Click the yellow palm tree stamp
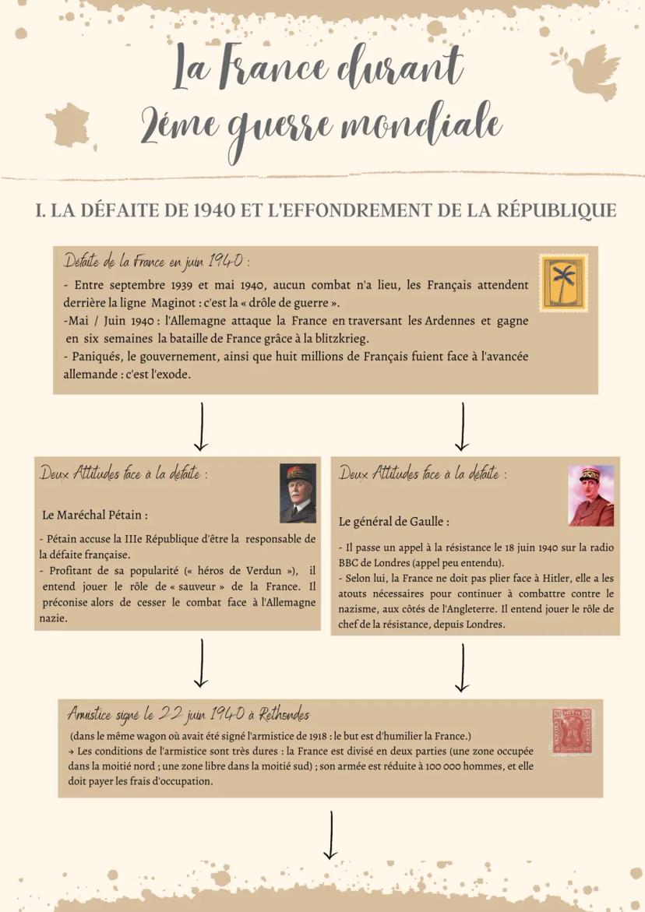tap(562, 283)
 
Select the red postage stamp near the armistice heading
tap(572, 732)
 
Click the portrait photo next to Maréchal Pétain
tap(298, 493)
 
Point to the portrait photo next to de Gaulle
tap(590, 496)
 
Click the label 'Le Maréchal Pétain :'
tap(102, 515)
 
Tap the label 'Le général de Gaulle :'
tap(393, 521)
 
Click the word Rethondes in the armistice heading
tap(283, 714)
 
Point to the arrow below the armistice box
tap(331, 834)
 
